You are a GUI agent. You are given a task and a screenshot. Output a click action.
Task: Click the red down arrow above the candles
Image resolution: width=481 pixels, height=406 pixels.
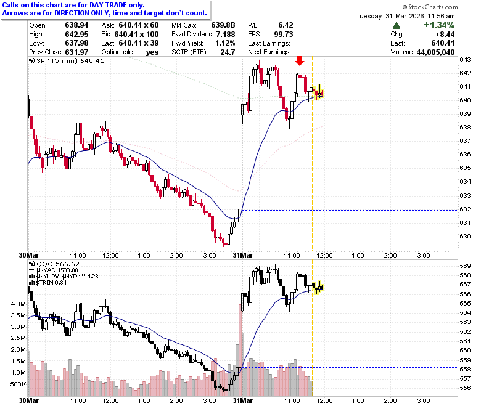(x=300, y=60)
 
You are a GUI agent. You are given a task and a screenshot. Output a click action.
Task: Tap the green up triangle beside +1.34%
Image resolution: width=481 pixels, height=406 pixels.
(x=396, y=25)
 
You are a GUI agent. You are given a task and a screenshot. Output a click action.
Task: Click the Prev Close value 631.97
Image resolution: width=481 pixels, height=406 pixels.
(x=76, y=52)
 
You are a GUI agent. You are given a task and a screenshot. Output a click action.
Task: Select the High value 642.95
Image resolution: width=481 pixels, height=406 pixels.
(x=76, y=35)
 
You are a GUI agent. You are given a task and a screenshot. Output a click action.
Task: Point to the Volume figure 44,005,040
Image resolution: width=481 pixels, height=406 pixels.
(x=435, y=52)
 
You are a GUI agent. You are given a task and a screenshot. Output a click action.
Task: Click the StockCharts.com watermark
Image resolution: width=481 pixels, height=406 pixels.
(x=430, y=7)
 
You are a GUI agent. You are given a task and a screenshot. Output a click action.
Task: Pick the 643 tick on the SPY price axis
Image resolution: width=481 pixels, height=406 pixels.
(x=465, y=59)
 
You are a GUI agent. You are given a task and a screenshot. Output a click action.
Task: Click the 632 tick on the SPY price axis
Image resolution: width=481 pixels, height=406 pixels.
(x=465, y=209)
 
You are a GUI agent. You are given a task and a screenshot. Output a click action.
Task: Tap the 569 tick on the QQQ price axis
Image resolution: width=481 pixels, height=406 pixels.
(x=465, y=266)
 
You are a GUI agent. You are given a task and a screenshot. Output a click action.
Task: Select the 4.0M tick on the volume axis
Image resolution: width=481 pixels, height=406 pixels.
(x=18, y=304)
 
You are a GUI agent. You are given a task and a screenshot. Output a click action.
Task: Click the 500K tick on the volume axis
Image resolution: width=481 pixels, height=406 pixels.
(x=18, y=384)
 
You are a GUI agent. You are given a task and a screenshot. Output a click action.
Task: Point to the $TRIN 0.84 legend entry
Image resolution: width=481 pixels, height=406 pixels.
(x=47, y=283)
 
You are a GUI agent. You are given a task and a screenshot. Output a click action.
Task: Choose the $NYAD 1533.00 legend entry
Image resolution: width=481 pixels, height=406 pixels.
(x=54, y=270)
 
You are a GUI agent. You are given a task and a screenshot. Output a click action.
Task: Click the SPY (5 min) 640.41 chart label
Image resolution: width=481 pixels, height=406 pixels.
(x=66, y=60)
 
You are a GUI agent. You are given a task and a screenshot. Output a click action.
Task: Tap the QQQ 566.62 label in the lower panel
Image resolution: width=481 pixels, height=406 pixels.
(x=54, y=264)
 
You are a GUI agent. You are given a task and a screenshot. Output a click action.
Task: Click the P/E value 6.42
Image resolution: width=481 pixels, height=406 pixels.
(x=286, y=25)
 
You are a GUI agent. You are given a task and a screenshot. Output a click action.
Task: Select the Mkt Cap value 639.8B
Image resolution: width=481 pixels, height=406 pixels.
(x=223, y=25)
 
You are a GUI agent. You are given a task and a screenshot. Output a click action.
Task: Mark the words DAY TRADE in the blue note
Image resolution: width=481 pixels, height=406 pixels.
(x=108, y=5)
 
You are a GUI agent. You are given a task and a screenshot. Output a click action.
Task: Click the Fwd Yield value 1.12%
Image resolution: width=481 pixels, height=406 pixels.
(x=225, y=43)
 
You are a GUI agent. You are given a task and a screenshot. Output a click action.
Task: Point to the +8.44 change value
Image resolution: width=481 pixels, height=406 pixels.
(x=445, y=35)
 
